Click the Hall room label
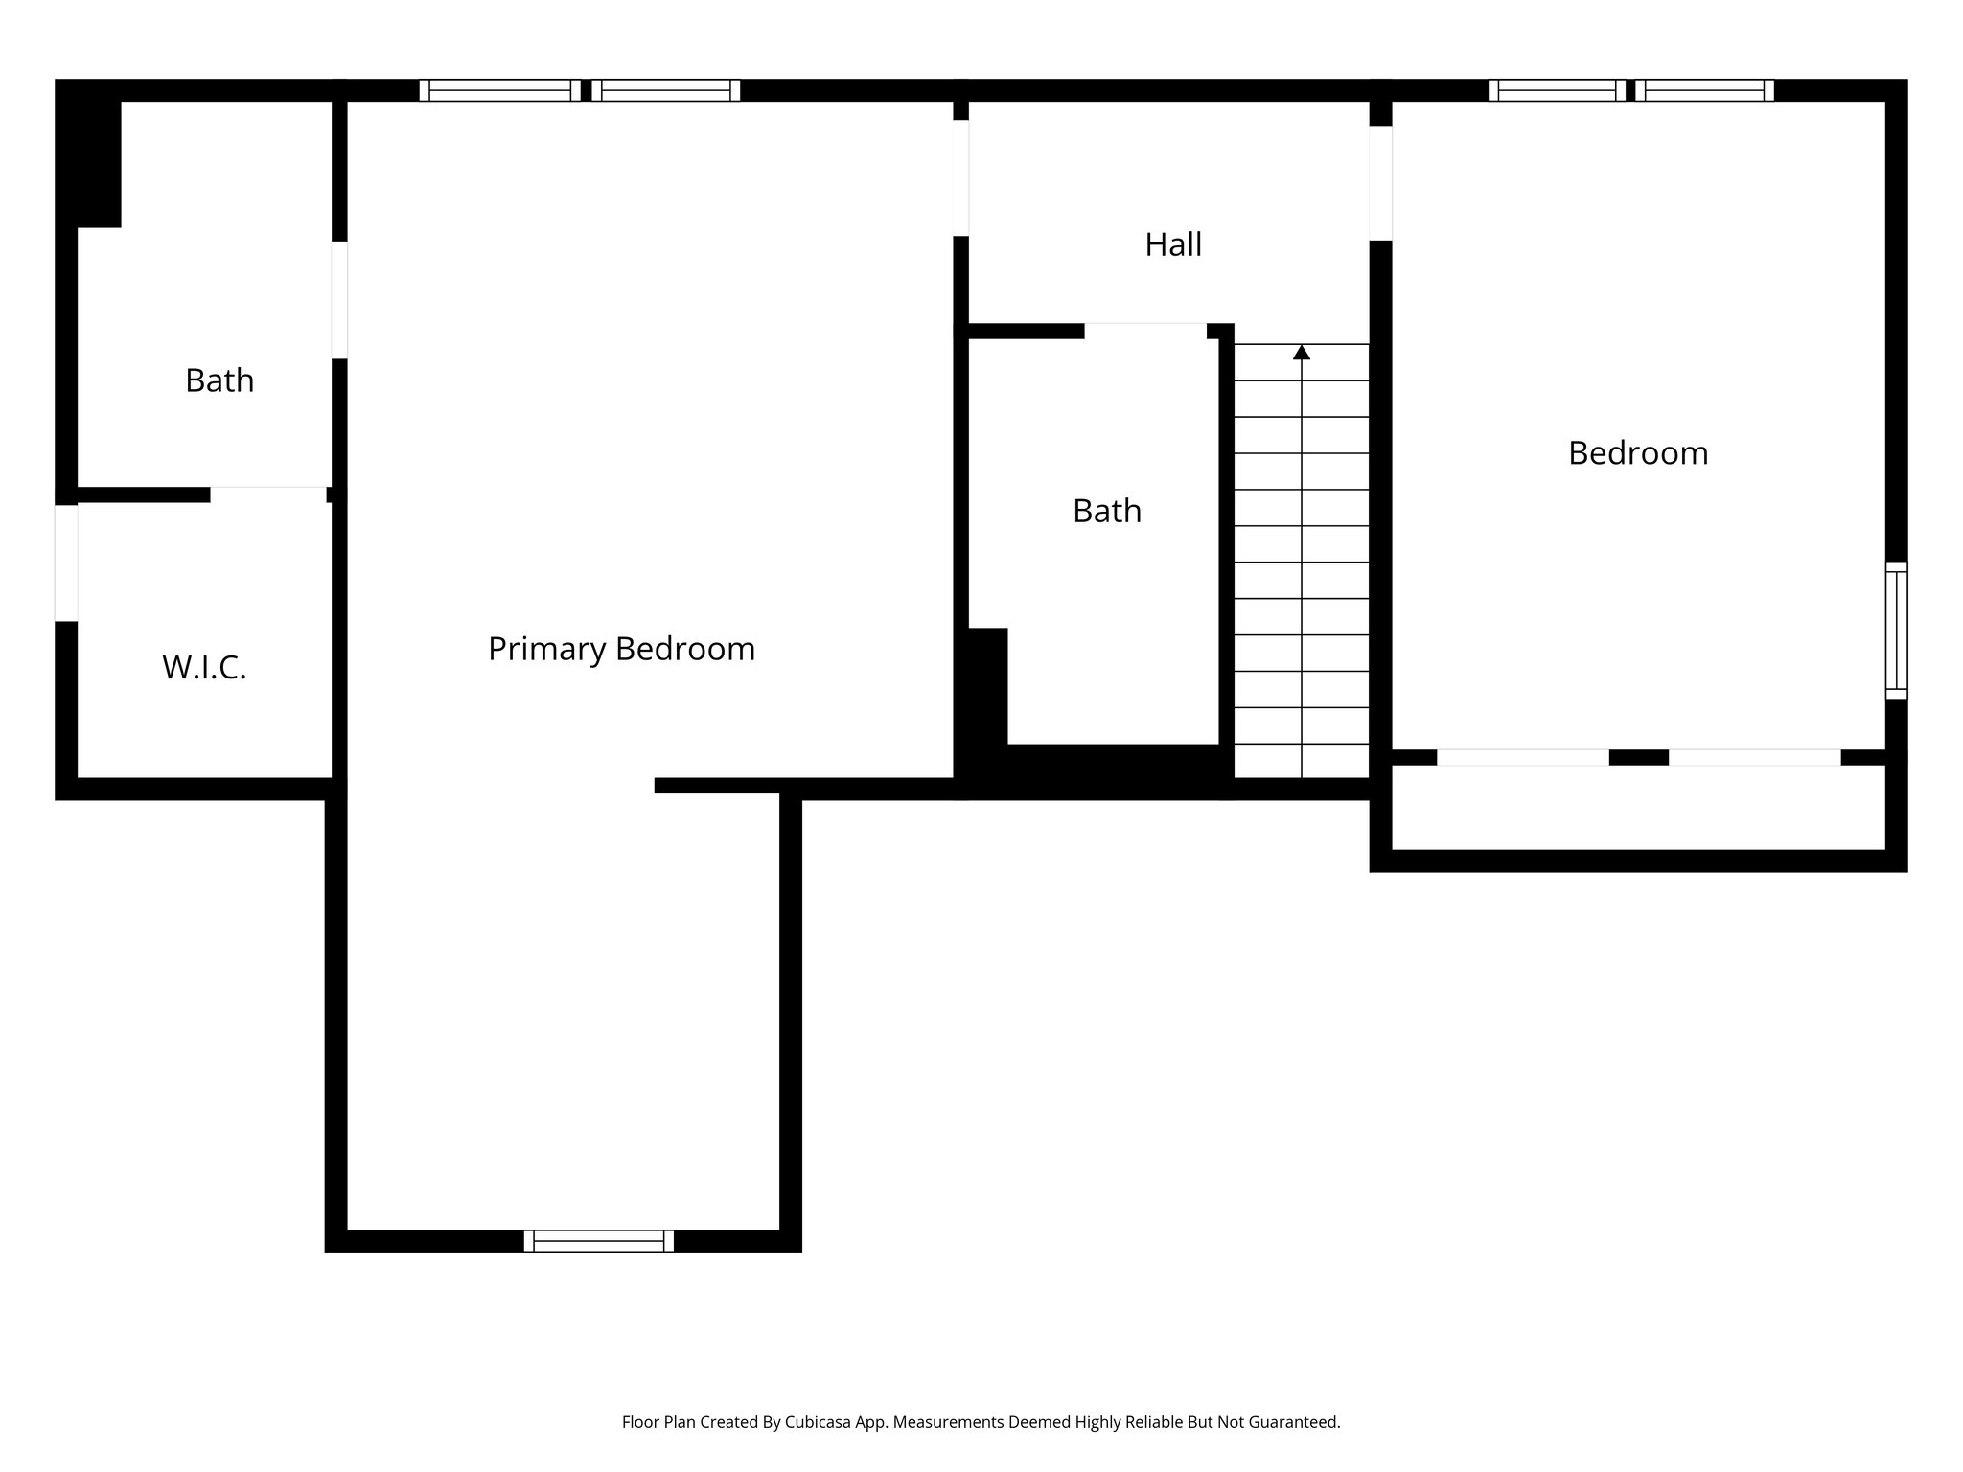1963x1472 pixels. tap(1172, 245)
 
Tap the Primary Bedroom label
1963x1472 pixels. tap(621, 650)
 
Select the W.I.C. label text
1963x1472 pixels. tap(204, 668)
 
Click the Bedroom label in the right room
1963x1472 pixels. tap(1637, 453)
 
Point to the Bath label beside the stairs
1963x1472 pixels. tap(1106, 512)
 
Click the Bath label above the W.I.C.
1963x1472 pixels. tap(219, 381)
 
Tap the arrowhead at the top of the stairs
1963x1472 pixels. tap(1301, 353)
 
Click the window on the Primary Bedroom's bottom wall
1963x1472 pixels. tap(598, 1241)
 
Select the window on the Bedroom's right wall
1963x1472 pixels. tap(1896, 630)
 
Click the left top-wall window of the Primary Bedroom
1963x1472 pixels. tap(499, 90)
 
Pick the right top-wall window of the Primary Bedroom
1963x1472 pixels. tap(665, 90)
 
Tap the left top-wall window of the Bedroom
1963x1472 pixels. tap(1557, 90)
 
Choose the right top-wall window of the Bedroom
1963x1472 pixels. tap(1704, 90)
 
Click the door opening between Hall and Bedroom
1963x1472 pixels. tap(1379, 183)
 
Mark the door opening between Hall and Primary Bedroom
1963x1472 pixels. tap(960, 177)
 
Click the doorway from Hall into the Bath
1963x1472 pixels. tap(1144, 331)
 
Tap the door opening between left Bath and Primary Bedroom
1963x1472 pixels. tap(339, 300)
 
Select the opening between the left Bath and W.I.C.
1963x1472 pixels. tap(268, 494)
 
